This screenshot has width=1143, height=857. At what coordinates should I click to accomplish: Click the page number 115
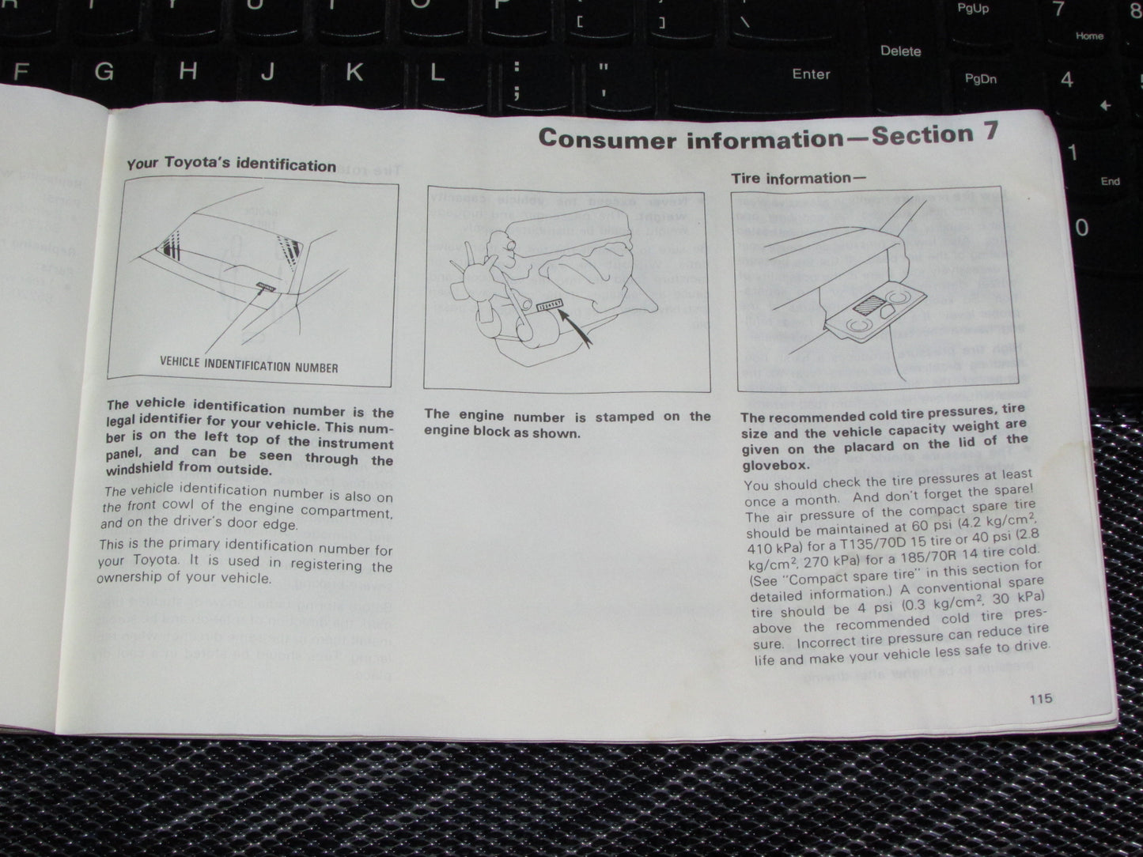click(x=1041, y=698)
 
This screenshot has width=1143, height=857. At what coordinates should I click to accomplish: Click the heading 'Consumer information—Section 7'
click(x=767, y=136)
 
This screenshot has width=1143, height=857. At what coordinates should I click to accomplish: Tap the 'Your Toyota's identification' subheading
click(x=231, y=164)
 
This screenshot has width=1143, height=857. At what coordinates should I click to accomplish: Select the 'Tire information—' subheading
click(x=798, y=178)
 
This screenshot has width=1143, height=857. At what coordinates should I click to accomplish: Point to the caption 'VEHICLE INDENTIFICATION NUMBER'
click(x=248, y=366)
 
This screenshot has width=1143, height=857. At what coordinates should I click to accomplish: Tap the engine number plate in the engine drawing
click(x=549, y=304)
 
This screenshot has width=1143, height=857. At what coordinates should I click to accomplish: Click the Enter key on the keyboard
click(x=811, y=74)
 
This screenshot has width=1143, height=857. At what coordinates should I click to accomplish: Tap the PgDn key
click(x=981, y=79)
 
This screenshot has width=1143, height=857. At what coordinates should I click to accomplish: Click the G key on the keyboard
click(x=104, y=72)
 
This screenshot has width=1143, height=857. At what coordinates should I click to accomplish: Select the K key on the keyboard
click(x=354, y=73)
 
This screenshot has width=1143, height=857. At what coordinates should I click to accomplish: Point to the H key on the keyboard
click(x=187, y=72)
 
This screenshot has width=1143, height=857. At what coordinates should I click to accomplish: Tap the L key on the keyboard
click(x=436, y=74)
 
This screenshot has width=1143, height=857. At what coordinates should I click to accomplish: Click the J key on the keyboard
click(x=268, y=73)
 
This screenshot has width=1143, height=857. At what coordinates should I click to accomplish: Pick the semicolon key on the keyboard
click(x=518, y=79)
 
